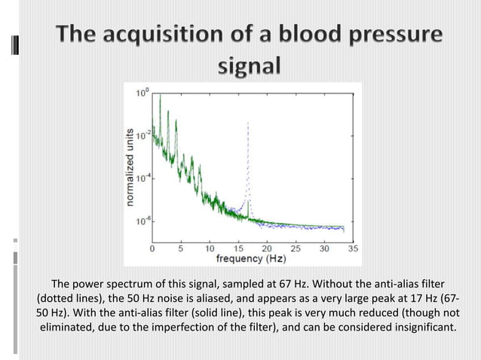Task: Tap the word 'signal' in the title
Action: [250, 66]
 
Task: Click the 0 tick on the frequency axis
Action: [153, 247]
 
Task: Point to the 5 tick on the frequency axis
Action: [182, 247]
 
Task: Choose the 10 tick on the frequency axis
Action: [210, 247]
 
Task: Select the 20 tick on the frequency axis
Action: [268, 247]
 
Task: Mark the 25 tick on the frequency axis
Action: [296, 247]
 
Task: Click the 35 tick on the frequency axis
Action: [353, 247]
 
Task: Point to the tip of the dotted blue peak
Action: [248, 124]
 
